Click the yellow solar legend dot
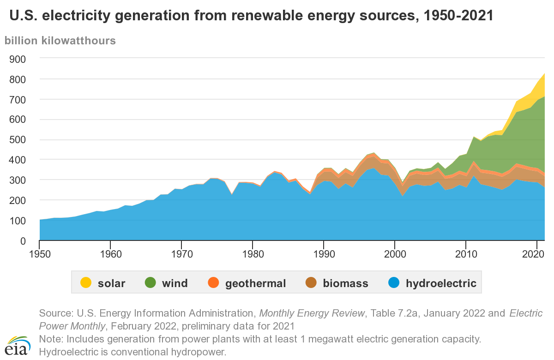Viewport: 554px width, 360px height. (85, 282)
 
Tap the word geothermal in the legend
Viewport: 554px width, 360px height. (255, 283)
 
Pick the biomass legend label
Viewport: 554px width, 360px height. (345, 283)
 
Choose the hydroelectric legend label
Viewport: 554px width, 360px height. (441, 283)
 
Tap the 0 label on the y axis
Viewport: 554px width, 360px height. (22, 241)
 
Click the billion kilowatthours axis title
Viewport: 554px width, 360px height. (60, 40)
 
